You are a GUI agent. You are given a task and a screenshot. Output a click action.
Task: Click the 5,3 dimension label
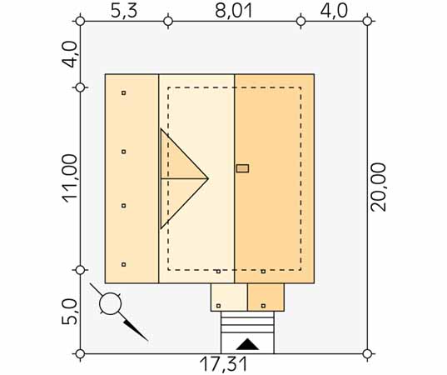tap(124, 12)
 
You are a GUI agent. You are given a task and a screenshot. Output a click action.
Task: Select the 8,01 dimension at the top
tap(234, 12)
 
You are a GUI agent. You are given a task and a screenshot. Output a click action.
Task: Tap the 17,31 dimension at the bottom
tap(223, 365)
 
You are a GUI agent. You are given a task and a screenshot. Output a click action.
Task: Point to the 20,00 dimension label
tap(378, 187)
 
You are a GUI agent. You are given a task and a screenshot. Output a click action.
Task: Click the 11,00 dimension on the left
tap(70, 179)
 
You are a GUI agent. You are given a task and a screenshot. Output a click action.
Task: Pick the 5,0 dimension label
tap(70, 312)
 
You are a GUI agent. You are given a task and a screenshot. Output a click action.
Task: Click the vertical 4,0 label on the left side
tap(70, 54)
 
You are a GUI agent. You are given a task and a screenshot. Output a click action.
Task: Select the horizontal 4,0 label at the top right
tap(334, 12)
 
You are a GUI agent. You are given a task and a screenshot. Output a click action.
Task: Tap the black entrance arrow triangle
tap(247, 344)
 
